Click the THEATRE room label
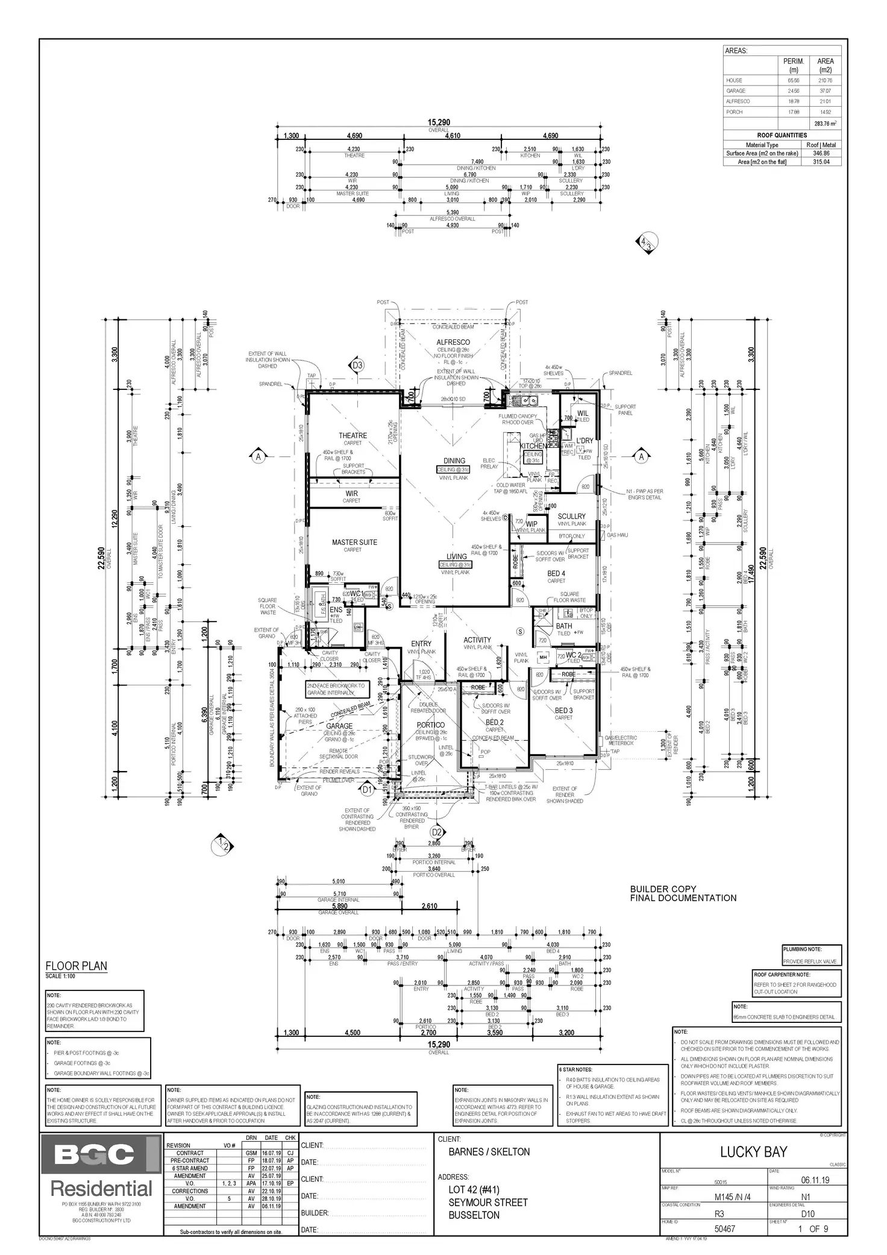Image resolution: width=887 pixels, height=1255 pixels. pyautogui.click(x=353, y=435)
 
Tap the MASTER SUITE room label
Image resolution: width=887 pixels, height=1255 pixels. pyautogui.click(x=354, y=542)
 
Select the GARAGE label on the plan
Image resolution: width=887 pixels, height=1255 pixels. pyautogui.click(x=339, y=726)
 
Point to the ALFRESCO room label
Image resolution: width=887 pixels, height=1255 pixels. pyautogui.click(x=453, y=342)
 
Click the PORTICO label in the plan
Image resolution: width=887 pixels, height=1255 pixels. pyautogui.click(x=430, y=725)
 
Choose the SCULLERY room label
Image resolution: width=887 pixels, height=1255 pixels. pyautogui.click(x=571, y=516)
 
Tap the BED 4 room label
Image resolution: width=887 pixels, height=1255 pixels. pyautogui.click(x=556, y=573)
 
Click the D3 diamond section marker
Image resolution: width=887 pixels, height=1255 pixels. pyautogui.click(x=357, y=365)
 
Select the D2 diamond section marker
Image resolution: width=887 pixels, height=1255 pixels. pyautogui.click(x=437, y=832)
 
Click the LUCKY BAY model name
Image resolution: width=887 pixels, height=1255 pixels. pyautogui.click(x=753, y=1152)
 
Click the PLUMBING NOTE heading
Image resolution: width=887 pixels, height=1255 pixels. pyautogui.click(x=801, y=949)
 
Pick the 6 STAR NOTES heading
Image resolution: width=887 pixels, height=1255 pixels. pyautogui.click(x=575, y=1069)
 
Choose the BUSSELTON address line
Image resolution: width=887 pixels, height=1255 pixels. pyautogui.click(x=474, y=1215)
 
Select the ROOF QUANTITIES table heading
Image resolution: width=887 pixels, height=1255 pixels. pyautogui.click(x=782, y=136)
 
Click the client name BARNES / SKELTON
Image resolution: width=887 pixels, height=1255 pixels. pyautogui.click(x=489, y=1152)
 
